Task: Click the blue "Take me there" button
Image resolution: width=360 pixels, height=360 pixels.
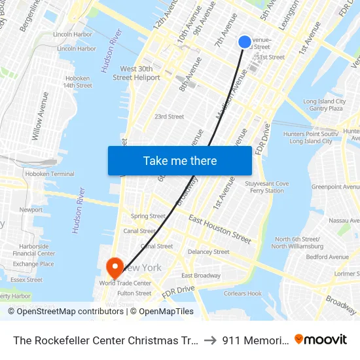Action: (x=180, y=160)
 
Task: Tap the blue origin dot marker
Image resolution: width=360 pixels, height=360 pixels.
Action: (x=245, y=42)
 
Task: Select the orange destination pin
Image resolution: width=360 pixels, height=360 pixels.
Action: (x=115, y=267)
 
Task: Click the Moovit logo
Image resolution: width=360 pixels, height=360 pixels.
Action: (x=321, y=339)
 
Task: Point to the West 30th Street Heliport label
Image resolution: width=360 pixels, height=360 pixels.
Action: (x=136, y=73)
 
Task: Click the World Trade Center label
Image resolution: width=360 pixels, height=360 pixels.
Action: (x=125, y=283)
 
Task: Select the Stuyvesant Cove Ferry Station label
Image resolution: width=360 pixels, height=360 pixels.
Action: (x=266, y=187)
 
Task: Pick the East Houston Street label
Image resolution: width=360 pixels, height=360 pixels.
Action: (x=220, y=229)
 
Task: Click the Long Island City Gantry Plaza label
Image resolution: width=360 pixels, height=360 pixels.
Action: (x=324, y=105)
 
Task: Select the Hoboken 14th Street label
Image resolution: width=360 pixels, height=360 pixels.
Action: (x=77, y=82)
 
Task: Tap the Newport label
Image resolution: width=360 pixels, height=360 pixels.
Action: (x=31, y=210)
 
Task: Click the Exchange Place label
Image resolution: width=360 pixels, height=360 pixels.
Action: (x=33, y=264)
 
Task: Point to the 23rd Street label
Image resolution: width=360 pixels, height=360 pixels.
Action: (x=169, y=117)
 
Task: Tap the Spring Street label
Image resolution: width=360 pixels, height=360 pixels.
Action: (x=148, y=216)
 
